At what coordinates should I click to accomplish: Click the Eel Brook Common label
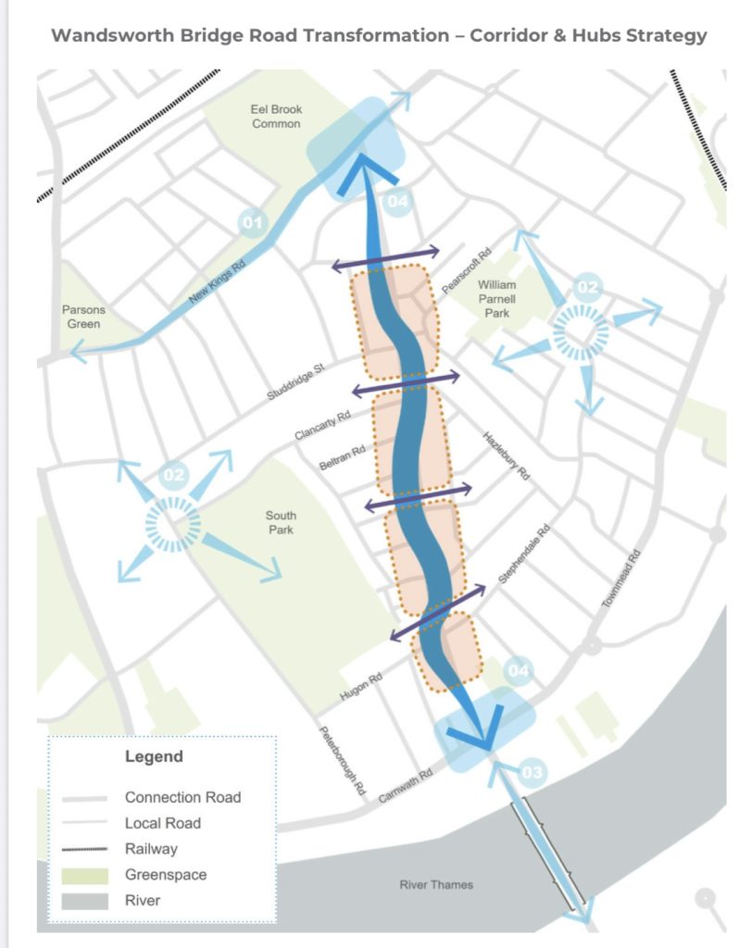coord(276,117)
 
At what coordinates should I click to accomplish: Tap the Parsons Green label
coord(84,317)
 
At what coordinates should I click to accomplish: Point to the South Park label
coord(280,522)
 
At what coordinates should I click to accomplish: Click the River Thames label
coord(436,885)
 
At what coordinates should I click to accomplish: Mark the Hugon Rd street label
coord(362,692)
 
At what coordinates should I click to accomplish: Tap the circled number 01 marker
coord(252,222)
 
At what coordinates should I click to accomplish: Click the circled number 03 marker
coord(533,771)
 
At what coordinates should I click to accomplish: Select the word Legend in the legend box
coord(154,756)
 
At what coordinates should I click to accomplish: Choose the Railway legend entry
coord(150,848)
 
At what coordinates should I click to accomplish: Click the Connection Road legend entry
coord(182,797)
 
